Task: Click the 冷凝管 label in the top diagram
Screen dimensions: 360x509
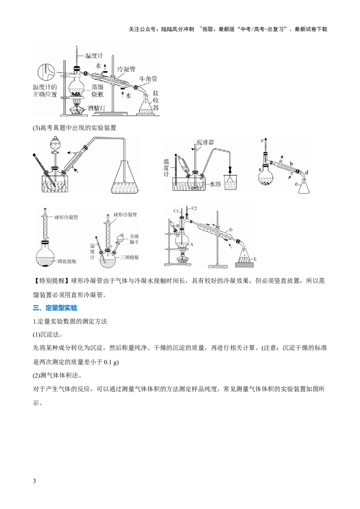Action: coord(126,69)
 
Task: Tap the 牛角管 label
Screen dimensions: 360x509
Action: coord(148,79)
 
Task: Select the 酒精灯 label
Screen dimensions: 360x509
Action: coord(96,108)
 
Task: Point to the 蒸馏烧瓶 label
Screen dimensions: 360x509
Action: coord(97,90)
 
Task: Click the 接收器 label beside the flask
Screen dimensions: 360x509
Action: coord(156,100)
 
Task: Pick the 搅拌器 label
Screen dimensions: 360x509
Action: coord(205,142)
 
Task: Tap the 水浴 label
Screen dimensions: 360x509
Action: coord(215,184)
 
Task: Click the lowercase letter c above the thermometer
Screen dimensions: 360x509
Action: coord(262,140)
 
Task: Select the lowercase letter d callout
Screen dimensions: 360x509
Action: coord(307,172)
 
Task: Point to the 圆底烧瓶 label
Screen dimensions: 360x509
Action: coord(67,261)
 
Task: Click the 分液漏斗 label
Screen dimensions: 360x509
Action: coord(134,239)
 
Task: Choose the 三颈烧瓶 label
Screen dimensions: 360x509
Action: coord(129,257)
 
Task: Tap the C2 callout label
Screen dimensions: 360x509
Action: coord(194,208)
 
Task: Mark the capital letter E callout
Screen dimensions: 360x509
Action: coord(255,259)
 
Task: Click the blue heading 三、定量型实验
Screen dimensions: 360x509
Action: coord(55,308)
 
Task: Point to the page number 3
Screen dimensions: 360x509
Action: coord(35,481)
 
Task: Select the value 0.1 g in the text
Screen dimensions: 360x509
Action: coord(112,362)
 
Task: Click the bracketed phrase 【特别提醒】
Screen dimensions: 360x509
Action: coord(52,281)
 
